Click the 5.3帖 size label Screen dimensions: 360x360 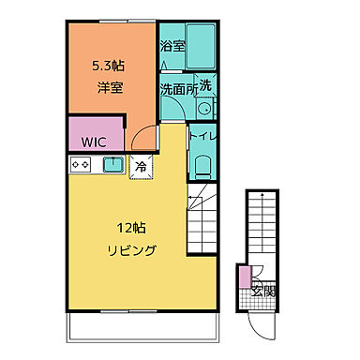click(x=108, y=67)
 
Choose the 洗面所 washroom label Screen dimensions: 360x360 click(x=177, y=90)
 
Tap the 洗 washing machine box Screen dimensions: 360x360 click(x=205, y=84)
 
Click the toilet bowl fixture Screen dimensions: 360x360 click(x=202, y=168)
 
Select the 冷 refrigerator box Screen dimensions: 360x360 click(x=141, y=166)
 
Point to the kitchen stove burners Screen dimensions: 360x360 click(x=81, y=165)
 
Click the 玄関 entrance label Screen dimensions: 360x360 click(x=262, y=291)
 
